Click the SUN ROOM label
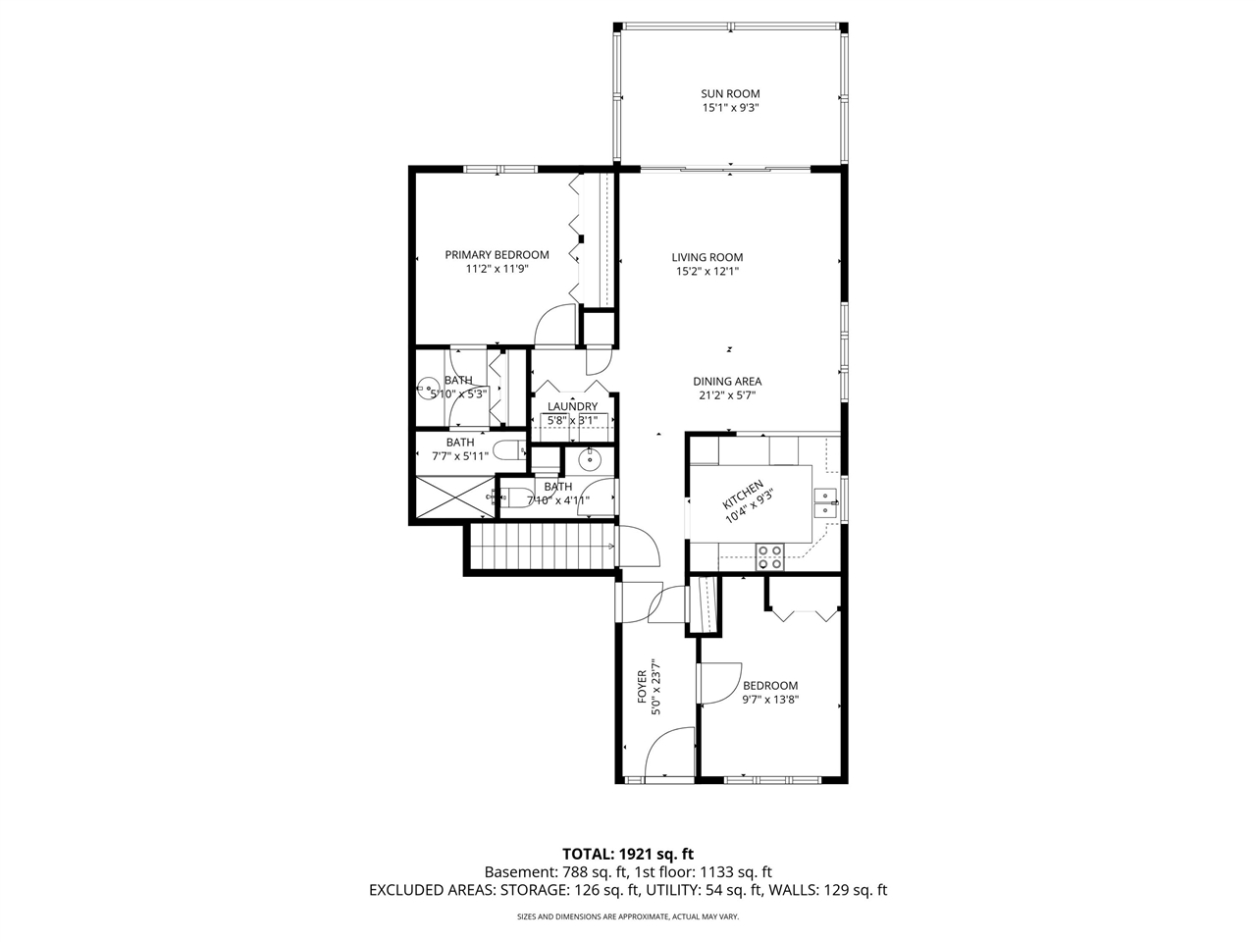point(730,94)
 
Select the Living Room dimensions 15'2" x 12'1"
point(706,272)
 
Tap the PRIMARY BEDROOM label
point(497,255)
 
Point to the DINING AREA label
point(727,382)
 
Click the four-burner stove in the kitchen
point(769,557)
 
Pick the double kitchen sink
point(826,502)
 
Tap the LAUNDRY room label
point(572,406)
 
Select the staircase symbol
point(540,546)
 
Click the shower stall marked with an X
point(454,496)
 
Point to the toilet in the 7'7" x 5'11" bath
point(506,450)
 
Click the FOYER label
point(642,687)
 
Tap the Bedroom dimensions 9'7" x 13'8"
point(770,700)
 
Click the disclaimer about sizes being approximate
point(627,916)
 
